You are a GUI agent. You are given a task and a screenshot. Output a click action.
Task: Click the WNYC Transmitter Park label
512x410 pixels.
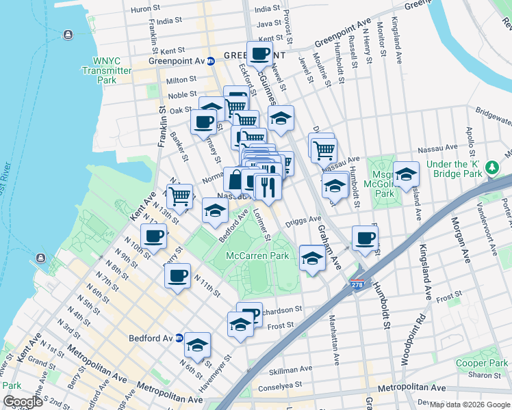pyautogui.click(x=106, y=65)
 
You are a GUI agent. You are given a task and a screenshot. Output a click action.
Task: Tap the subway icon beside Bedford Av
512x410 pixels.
pyautogui.click(x=179, y=338)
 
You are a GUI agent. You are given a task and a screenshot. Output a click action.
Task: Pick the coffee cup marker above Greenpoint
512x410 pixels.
pyautogui.click(x=259, y=53)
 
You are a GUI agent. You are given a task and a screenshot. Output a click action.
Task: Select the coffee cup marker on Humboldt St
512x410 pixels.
pyautogui.click(x=365, y=238)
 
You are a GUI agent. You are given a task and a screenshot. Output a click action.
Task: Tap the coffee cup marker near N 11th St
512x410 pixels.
pyautogui.click(x=177, y=275)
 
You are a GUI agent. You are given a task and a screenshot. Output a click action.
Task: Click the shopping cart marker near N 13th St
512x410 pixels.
pyautogui.click(x=179, y=195)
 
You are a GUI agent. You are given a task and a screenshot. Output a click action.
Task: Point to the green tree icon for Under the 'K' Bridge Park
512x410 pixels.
pyautogui.click(x=491, y=167)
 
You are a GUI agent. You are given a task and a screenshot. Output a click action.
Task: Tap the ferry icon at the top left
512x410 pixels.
pyautogui.click(x=68, y=34)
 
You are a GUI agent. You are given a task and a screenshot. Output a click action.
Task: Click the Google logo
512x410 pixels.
pyautogui.click(x=23, y=402)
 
